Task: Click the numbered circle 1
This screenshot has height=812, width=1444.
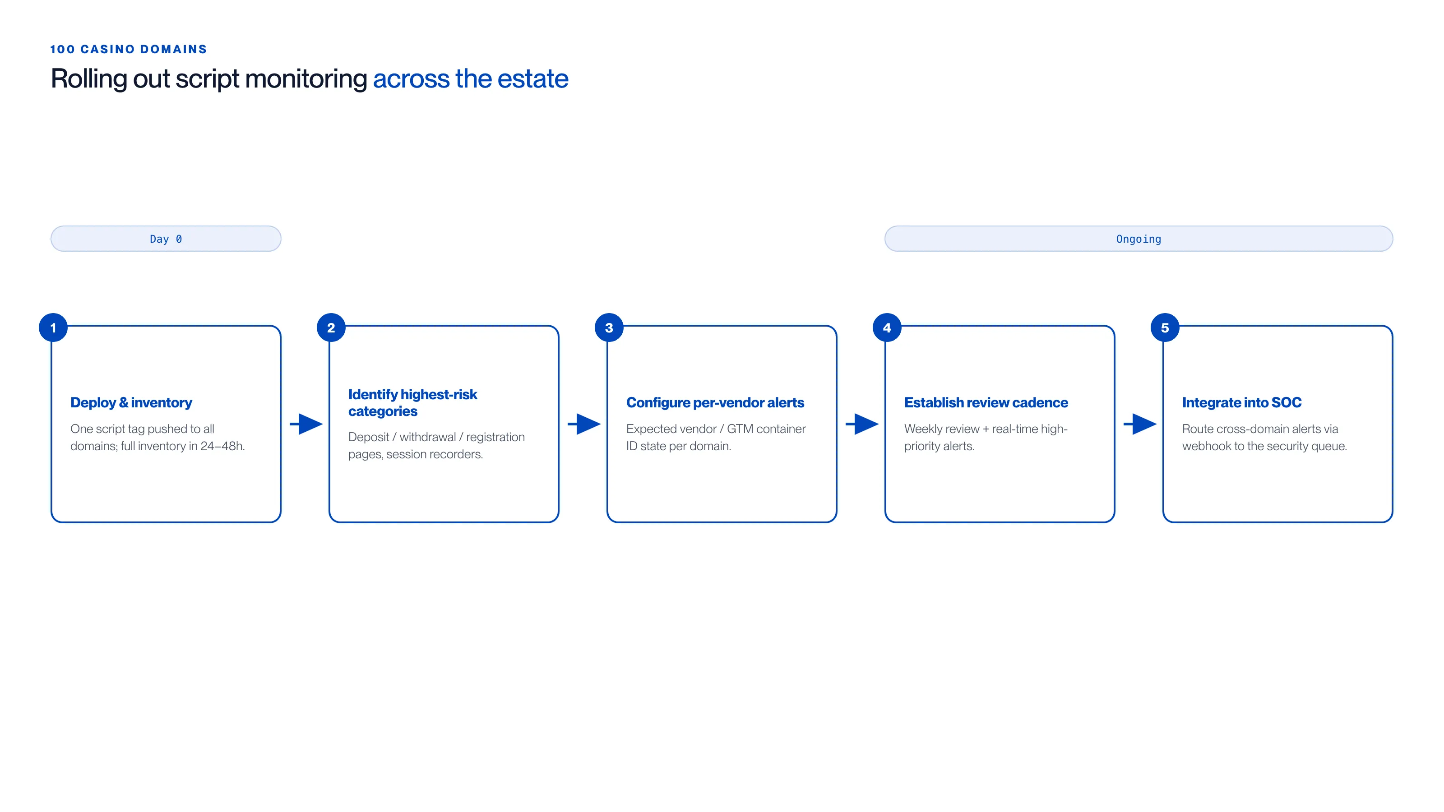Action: tap(53, 328)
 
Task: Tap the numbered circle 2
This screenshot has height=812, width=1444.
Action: tap(331, 328)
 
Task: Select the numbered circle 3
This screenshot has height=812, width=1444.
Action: tap(609, 328)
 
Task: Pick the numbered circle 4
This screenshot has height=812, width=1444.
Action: tap(887, 328)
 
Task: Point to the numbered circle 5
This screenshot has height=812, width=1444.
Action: tap(1166, 328)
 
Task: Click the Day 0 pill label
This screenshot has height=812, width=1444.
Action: tap(166, 239)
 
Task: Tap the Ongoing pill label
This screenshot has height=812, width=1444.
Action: tap(1139, 239)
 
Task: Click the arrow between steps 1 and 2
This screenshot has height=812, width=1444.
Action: tap(306, 424)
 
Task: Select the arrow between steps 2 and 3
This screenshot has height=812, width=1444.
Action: tap(584, 424)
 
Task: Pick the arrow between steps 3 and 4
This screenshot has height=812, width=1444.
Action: tap(862, 424)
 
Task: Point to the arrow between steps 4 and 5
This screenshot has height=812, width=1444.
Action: tap(1140, 424)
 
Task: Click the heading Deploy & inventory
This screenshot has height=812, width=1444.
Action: tap(131, 402)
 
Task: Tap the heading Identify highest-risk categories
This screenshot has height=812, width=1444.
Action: tap(412, 403)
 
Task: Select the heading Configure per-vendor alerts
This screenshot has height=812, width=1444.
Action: tap(715, 402)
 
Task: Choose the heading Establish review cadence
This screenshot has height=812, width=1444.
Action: tap(986, 402)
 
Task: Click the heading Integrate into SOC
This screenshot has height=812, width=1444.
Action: tap(1242, 402)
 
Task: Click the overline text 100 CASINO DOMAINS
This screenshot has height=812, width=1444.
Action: tap(128, 49)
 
